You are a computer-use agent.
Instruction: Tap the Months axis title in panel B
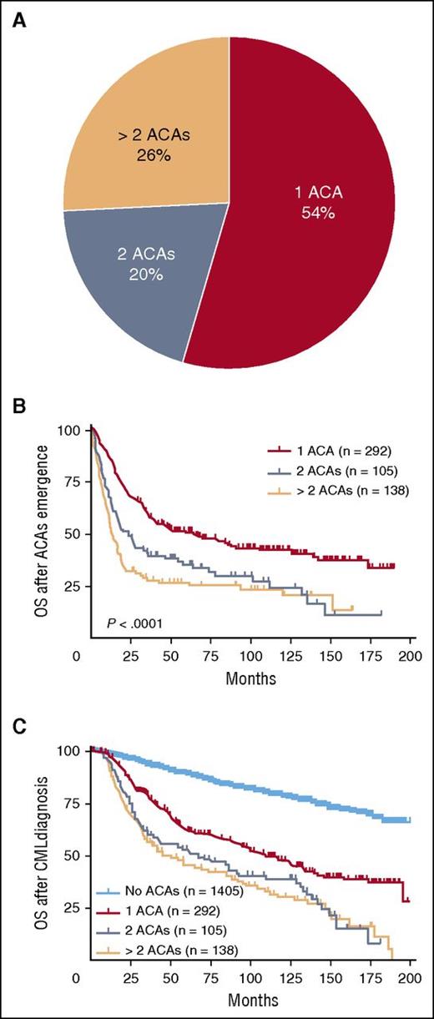pyautogui.click(x=250, y=678)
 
